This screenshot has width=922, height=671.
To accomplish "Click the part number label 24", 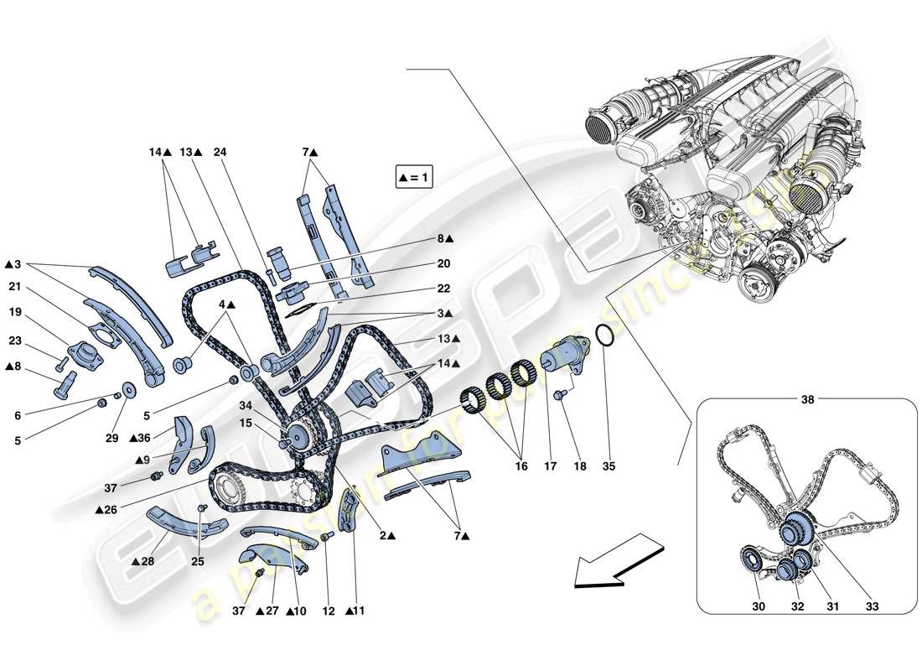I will coord(220,153).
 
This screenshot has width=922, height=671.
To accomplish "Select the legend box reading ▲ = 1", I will coord(414,178).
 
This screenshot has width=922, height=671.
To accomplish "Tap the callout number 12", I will coord(329,611).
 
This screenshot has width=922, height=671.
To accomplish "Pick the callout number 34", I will coord(243,407).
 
